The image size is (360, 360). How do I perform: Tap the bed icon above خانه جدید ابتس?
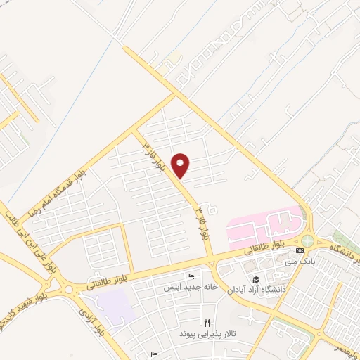point(189,276)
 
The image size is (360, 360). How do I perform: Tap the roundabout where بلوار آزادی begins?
point(67,288)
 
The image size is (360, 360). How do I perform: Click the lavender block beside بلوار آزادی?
point(115,304)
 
